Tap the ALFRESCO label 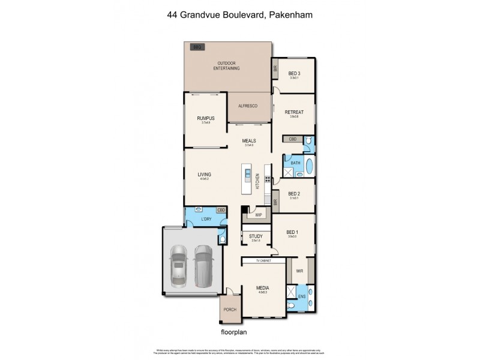pyautogui.click(x=248, y=106)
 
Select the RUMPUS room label pyautogui.click(x=205, y=118)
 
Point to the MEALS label pyautogui.click(x=249, y=140)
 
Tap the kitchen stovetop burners pyautogui.click(x=267, y=178)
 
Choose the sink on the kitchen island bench pyautogui.click(x=247, y=175)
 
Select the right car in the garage pyautogui.click(x=203, y=264)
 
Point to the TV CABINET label pyautogui.click(x=264, y=261)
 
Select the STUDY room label pyautogui.click(x=256, y=237)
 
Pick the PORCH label pyautogui.click(x=230, y=310)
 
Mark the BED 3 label pyautogui.click(x=294, y=73)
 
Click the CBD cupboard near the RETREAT pyautogui.click(x=292, y=139)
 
